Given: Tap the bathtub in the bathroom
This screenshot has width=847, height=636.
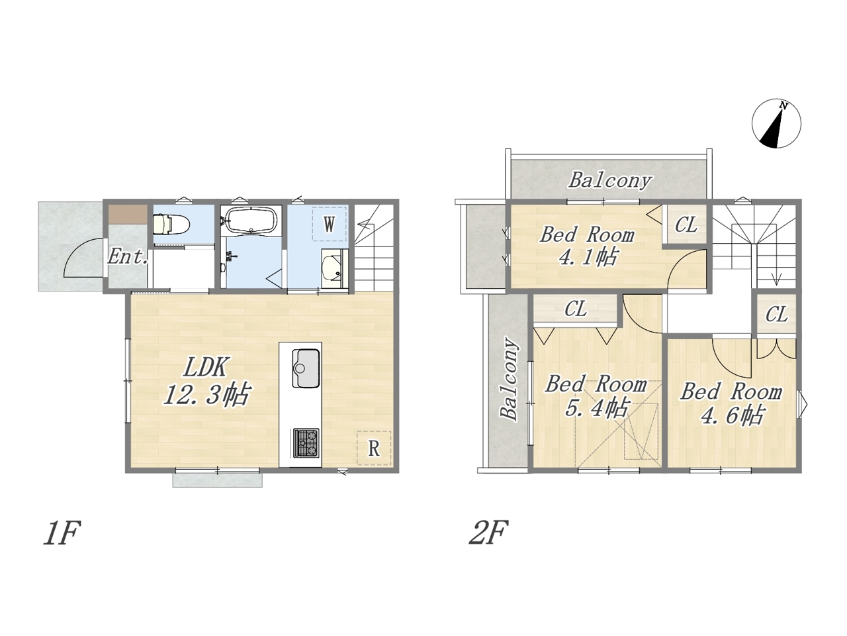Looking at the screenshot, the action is (251, 220).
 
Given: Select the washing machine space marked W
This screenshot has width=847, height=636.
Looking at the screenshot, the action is (329, 224).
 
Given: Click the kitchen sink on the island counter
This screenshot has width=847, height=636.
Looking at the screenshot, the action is (306, 368).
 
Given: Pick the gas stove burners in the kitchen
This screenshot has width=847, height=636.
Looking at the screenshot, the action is (306, 443).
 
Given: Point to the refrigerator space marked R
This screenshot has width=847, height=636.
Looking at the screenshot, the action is (373, 448).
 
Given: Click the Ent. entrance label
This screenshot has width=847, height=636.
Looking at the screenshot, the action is (128, 256).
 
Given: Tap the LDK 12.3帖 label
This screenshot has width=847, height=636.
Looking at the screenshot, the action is (207, 381).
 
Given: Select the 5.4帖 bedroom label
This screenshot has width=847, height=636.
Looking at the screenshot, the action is (598, 408).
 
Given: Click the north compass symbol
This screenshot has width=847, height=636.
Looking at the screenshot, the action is (776, 124).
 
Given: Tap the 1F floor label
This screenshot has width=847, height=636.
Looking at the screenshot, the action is (62, 533).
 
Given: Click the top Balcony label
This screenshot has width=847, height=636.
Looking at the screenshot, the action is (610, 180).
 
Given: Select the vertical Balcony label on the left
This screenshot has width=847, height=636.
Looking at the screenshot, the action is (510, 379).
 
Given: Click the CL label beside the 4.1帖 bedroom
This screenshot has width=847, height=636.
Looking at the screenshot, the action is (686, 225).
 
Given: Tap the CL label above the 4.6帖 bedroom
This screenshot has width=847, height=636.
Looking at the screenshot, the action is (776, 315).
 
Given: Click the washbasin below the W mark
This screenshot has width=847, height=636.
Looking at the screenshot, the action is (333, 268).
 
